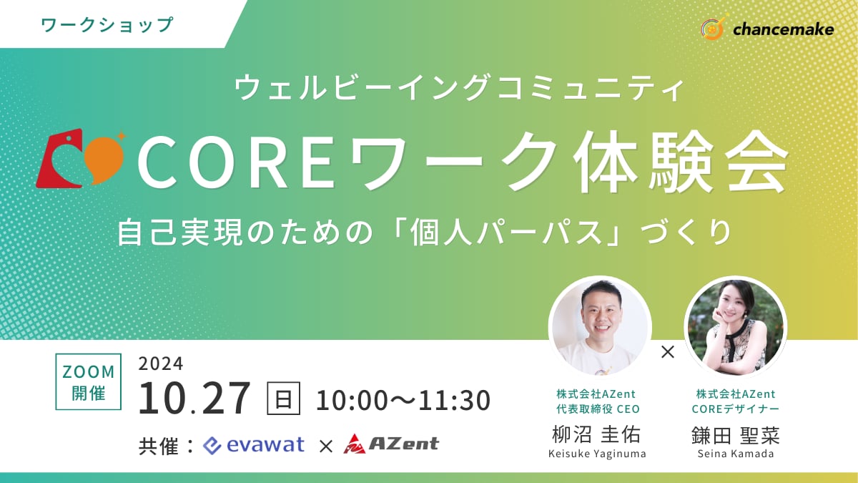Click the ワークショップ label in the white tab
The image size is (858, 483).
tap(107, 25)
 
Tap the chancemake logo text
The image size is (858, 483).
tap(783, 29)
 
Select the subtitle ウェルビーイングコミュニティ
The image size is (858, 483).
tap(459, 87)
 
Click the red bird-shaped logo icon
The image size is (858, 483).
tap(62, 159)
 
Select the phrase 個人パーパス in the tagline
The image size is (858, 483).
tap(506, 233)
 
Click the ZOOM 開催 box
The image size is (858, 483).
tap(89, 382)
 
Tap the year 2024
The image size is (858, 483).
tap(161, 364)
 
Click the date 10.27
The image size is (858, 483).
tap(194, 399)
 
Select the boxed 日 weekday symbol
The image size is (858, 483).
tap(283, 399)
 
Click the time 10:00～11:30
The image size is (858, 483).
tap(403, 400)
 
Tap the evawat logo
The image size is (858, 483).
tap(254, 445)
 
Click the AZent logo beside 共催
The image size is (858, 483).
tap(391, 444)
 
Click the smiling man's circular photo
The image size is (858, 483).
tap(600, 326)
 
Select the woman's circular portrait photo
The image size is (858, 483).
tap(736, 326)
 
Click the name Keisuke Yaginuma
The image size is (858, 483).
tap(597, 454)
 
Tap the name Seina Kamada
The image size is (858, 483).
tap(736, 454)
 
